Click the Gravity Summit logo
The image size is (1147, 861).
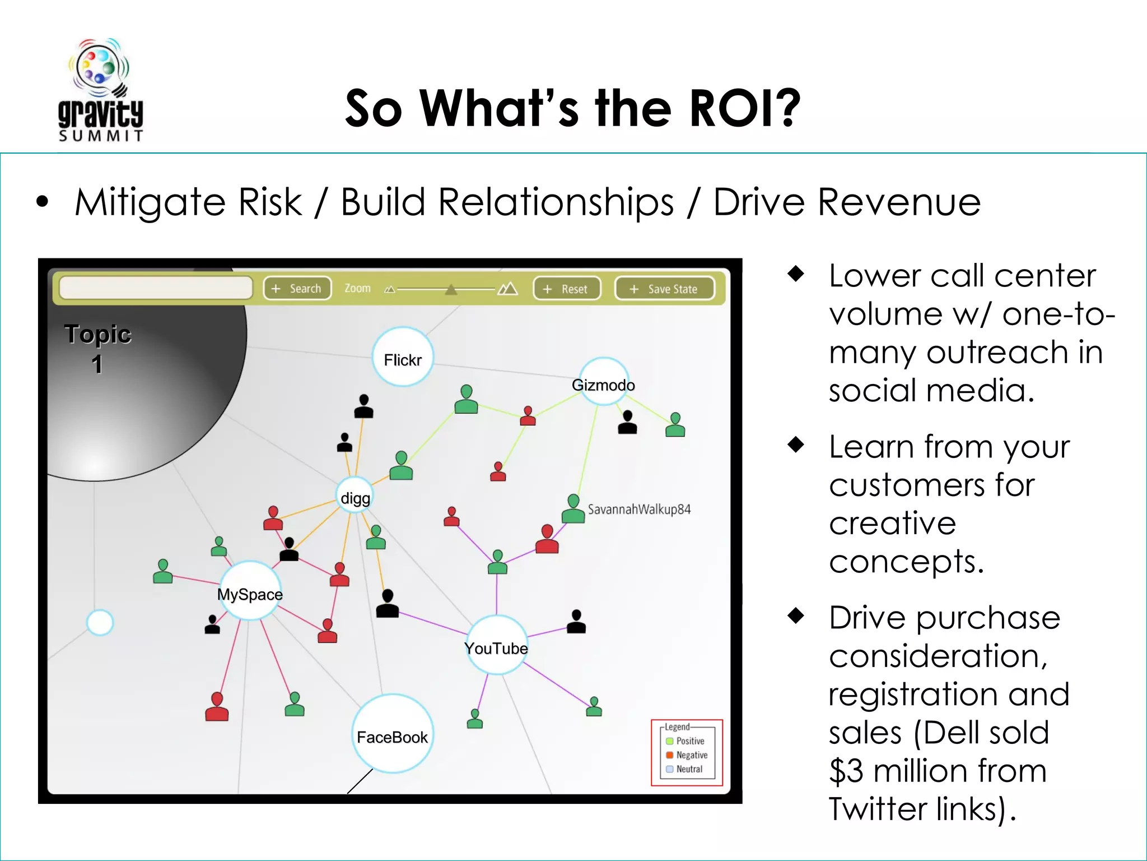click(101, 90)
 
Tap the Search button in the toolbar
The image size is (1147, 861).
click(297, 289)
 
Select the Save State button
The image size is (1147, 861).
click(664, 289)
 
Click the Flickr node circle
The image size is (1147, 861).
click(403, 358)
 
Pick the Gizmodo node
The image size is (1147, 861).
click(603, 382)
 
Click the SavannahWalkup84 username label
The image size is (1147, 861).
click(638, 510)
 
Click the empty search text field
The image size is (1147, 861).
click(155, 288)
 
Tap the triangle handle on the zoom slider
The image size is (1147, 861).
click(451, 290)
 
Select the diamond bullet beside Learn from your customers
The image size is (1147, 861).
click(795, 445)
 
